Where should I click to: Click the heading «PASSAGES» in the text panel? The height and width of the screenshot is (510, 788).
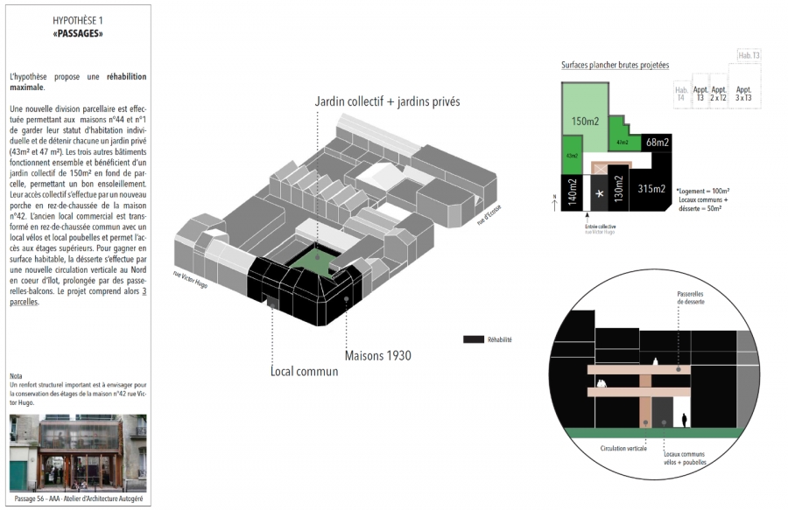coord(77,33)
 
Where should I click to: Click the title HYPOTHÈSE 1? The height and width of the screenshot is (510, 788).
coord(77,18)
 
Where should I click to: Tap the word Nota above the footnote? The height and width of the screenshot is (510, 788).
coord(18,376)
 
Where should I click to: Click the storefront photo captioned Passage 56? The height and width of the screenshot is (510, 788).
coord(78,454)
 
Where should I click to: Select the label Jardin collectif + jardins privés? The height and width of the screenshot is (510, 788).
coord(387,102)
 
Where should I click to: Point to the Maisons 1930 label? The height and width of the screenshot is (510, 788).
coord(377,355)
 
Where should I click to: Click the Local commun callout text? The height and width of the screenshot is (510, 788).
coord(304,371)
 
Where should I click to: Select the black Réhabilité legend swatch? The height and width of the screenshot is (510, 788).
coord(473,339)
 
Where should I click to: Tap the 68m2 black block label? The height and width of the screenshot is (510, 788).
coord(657,142)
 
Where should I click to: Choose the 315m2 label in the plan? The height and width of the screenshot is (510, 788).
coord(651,188)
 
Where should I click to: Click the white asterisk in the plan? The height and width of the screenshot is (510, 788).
coord(599,192)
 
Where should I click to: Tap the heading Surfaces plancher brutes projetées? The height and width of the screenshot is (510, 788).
coord(615,66)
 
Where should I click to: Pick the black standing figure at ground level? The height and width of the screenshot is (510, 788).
coord(685,419)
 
